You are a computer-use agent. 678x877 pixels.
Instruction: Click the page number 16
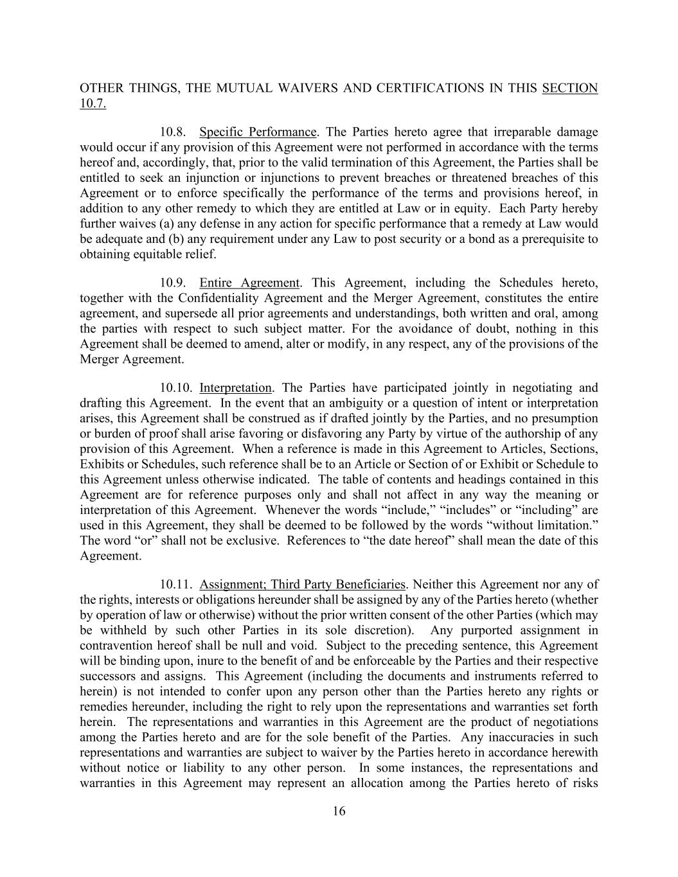click(339, 811)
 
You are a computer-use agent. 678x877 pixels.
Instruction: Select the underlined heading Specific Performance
click(258, 132)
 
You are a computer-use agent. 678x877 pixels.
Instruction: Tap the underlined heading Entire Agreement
click(249, 283)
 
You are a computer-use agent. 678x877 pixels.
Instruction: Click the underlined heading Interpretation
click(235, 388)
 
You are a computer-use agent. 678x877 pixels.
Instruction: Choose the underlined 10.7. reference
click(93, 103)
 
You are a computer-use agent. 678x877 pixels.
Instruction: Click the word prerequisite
click(544, 239)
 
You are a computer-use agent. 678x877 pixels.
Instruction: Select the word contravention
click(116, 646)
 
